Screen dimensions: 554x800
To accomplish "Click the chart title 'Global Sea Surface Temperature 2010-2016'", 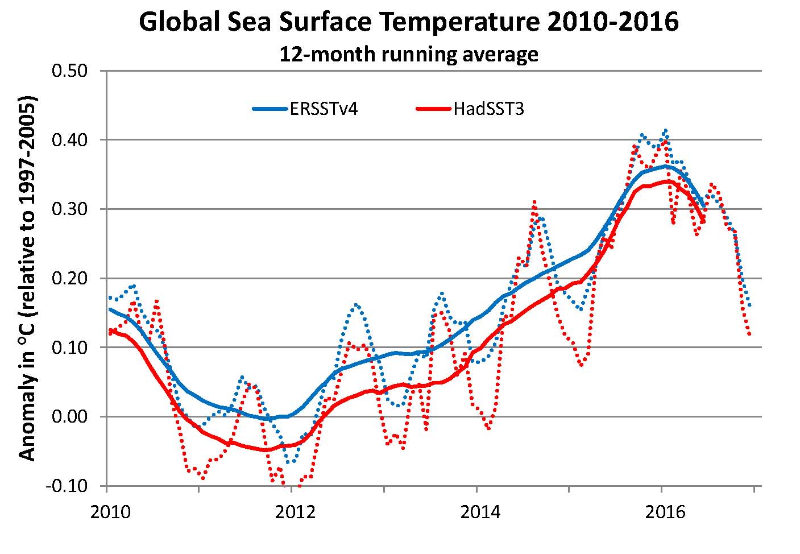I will point(408,23).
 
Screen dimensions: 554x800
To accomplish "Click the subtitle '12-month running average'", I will point(408,54).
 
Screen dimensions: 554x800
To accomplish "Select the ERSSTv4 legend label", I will point(324,109).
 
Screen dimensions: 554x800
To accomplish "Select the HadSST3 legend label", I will point(488,109).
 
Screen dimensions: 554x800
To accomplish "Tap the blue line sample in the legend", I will point(270,109).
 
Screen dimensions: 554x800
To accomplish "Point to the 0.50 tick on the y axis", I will point(69,71).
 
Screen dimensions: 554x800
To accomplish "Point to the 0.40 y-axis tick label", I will point(69,140).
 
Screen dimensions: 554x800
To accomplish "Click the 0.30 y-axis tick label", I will point(69,209).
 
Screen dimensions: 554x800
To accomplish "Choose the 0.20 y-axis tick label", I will point(69,279).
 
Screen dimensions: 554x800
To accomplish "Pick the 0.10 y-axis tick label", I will point(69,348).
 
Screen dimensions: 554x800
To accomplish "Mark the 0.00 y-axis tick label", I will point(69,417).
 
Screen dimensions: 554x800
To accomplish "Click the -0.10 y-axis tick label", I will point(67,486).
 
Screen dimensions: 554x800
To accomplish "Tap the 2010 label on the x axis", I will point(107,511).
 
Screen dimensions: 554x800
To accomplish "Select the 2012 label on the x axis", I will point(292,511).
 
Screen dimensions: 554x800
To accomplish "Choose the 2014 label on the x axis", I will point(476,511).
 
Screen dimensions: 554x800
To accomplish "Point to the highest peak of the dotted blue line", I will point(665,130).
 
